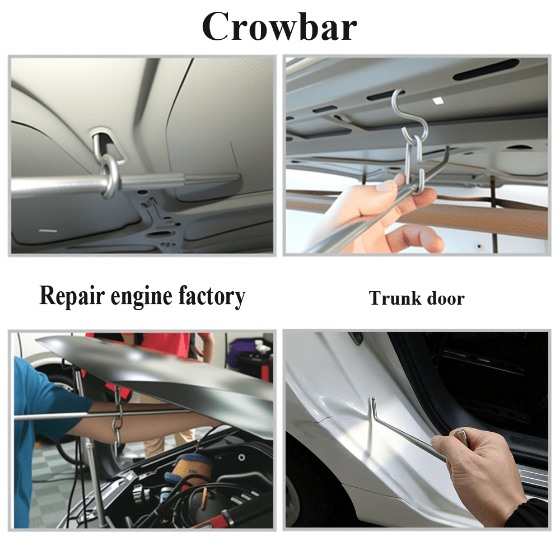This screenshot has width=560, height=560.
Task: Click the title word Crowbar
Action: pos(279,27)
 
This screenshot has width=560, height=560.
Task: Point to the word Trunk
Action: pos(395,298)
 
